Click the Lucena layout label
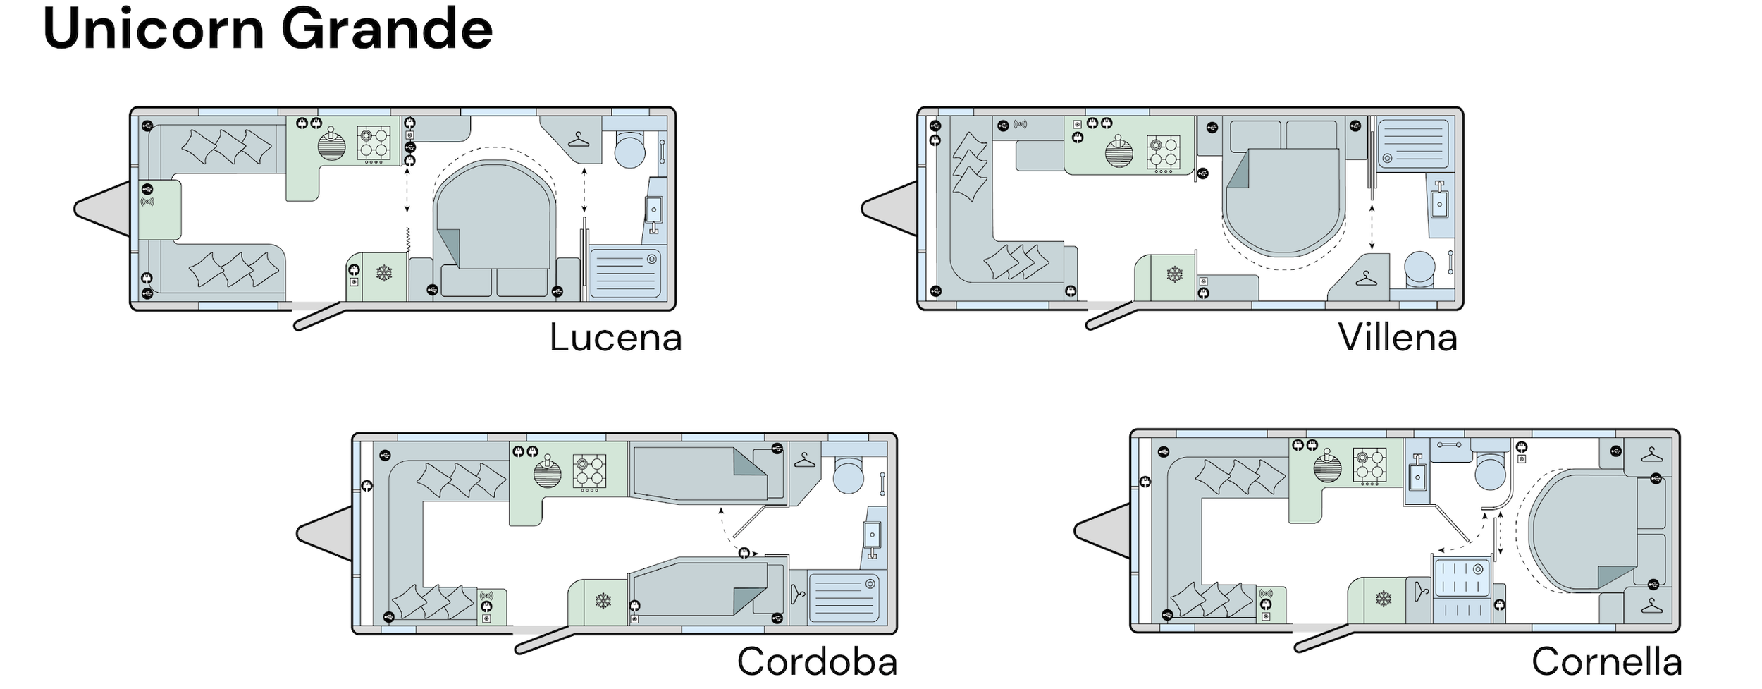[615, 338]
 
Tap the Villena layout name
[1398, 338]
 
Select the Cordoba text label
[817, 661]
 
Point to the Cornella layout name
[1606, 661]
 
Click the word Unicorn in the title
[154, 29]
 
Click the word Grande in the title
[387, 29]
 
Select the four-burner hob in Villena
[1164, 154]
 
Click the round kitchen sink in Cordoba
[548, 473]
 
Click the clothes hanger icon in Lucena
[578, 140]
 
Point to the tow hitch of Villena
[889, 209]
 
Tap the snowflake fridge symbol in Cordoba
[603, 601]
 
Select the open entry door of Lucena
[319, 315]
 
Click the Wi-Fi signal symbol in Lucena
[147, 202]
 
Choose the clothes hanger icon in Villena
[1365, 279]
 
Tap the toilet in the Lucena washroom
[629, 148]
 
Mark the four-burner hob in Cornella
[1370, 466]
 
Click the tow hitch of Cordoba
[324, 534]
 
